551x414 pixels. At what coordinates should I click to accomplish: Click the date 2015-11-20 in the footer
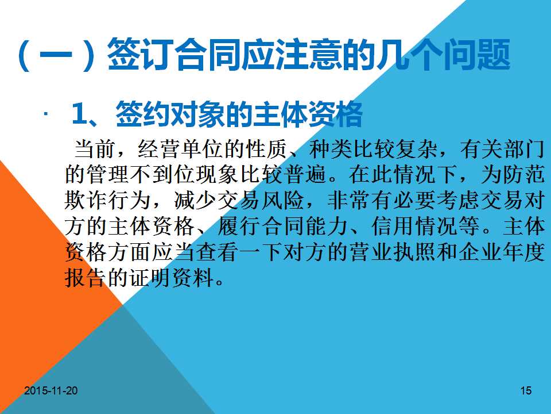(x=51, y=390)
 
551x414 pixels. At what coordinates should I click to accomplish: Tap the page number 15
(x=526, y=390)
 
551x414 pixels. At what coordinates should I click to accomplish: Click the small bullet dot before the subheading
(x=46, y=114)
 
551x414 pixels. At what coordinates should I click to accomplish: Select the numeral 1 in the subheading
(x=79, y=114)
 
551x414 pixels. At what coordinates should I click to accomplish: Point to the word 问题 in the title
(x=476, y=55)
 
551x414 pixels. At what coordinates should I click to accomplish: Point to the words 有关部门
(x=502, y=149)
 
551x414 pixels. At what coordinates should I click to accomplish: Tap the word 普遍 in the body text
(x=306, y=174)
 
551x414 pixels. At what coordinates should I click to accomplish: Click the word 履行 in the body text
(x=239, y=225)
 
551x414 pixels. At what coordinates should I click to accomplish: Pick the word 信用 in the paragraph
(x=393, y=225)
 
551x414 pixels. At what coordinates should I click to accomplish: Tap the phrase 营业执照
(x=393, y=252)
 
